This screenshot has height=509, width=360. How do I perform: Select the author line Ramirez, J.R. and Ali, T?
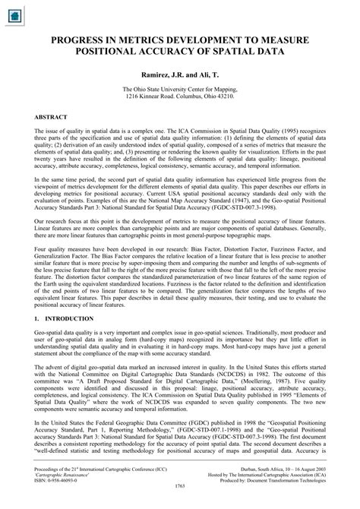[x=180, y=74]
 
